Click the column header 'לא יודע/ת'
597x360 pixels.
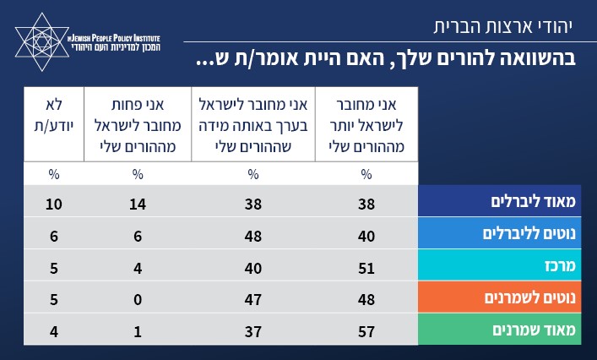coord(54,116)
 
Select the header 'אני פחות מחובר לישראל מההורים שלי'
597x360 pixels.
coord(138,124)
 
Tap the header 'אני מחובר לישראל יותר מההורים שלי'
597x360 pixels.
coord(366,124)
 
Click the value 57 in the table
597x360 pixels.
coord(365,329)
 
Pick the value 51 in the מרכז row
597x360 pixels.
coord(365,266)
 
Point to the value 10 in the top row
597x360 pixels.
coord(54,203)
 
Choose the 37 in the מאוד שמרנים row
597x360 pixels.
coord(252,329)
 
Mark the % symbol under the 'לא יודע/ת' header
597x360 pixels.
coord(54,175)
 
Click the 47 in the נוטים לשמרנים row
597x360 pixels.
coord(252,297)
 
